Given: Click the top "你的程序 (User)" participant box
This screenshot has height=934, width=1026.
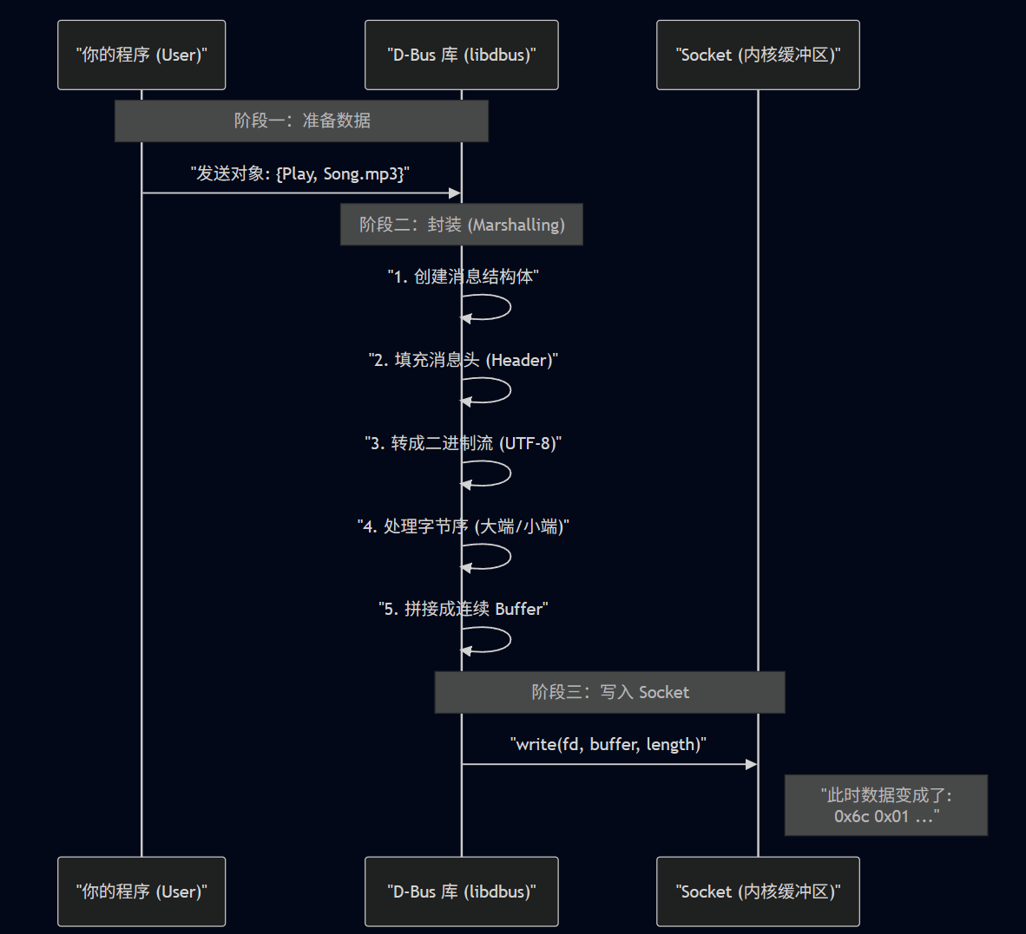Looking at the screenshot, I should click(141, 55).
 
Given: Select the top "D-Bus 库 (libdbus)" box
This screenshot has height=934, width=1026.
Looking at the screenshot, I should click(461, 55).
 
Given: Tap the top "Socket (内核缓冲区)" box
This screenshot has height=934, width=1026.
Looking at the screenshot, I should click(758, 55).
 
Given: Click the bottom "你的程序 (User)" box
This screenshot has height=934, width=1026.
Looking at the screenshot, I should click(141, 892).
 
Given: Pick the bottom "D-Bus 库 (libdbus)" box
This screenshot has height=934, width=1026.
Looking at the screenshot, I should click(461, 892).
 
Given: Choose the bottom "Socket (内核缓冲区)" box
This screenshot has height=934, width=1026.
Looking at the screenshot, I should click(758, 892).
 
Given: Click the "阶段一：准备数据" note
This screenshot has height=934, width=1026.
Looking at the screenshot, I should click(301, 121).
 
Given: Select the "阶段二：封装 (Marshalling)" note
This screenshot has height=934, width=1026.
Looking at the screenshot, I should click(461, 225).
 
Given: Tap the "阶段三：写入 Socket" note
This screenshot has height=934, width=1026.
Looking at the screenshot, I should click(609, 692).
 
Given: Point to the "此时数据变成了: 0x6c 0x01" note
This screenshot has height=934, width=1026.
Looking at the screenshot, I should click(885, 805).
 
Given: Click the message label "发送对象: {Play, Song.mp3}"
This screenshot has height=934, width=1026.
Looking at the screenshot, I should click(300, 173).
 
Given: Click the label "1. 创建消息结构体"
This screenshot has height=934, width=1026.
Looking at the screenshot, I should click(463, 277).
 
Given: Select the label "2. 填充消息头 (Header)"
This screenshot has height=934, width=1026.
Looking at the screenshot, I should click(463, 360).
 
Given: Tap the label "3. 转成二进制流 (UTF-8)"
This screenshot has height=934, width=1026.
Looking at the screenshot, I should click(463, 443).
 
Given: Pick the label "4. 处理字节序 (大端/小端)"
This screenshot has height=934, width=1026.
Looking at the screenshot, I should click(463, 526).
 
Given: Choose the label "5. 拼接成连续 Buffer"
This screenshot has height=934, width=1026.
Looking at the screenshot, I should click(463, 609).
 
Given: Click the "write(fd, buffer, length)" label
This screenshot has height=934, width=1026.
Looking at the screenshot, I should click(608, 744).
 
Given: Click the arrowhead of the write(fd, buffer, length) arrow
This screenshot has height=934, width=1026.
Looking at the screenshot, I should click(752, 764).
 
